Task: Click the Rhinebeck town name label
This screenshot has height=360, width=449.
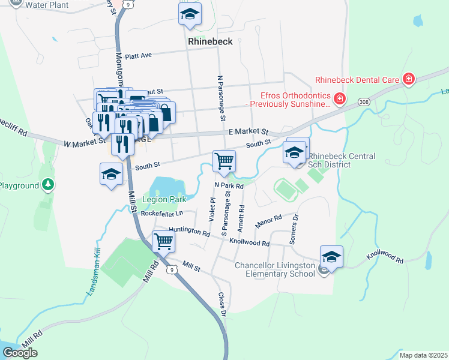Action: tap(214, 41)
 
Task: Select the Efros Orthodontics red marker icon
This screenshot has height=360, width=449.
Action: tap(339, 98)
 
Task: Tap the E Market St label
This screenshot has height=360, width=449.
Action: tap(248, 131)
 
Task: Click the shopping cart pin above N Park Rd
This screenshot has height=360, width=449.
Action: tap(224, 161)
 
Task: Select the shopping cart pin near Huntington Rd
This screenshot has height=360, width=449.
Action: tap(164, 241)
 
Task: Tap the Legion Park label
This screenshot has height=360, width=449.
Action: tap(164, 199)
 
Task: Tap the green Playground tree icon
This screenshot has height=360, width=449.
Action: tap(49, 185)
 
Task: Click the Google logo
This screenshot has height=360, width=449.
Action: tap(20, 352)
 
